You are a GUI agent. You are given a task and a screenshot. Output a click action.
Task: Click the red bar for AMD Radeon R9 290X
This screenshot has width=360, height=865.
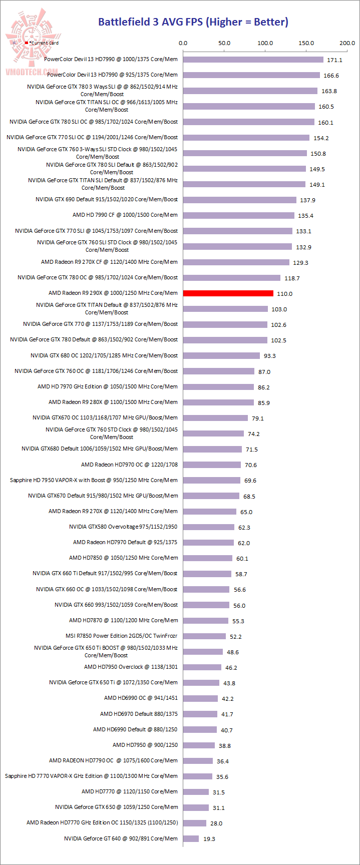click(x=228, y=293)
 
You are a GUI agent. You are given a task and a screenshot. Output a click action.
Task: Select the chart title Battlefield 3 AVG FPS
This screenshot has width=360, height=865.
click(x=193, y=22)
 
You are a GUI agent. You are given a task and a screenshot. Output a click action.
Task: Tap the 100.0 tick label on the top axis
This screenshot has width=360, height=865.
click(x=265, y=43)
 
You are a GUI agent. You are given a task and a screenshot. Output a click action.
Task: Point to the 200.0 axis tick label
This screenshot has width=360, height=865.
click(x=347, y=43)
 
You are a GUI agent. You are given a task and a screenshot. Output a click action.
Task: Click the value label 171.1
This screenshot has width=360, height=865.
click(x=334, y=60)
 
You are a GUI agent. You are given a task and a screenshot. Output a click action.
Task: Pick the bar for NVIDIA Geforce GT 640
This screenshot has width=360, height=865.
click(x=191, y=838)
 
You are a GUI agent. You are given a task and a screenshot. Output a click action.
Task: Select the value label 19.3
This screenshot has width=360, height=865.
click(x=209, y=838)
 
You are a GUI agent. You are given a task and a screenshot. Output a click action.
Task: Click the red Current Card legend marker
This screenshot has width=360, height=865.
click(x=27, y=43)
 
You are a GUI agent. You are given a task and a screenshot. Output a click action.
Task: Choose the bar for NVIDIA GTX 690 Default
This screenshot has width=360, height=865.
click(x=240, y=200)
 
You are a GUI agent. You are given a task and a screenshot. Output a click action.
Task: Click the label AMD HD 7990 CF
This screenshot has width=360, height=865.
click(x=125, y=215)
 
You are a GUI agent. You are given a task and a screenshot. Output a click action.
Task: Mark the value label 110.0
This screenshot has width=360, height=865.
click(x=284, y=294)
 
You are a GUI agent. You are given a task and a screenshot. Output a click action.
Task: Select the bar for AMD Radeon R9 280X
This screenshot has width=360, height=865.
click(x=218, y=402)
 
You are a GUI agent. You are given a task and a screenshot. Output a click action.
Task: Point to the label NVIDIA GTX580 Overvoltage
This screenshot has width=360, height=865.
click(x=123, y=527)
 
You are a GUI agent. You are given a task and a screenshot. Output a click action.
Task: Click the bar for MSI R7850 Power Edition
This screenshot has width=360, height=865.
click(x=204, y=636)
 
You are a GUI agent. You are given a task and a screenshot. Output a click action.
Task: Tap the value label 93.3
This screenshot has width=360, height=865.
click(x=269, y=356)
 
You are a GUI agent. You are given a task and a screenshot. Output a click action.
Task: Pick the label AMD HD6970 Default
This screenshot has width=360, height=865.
click(x=139, y=714)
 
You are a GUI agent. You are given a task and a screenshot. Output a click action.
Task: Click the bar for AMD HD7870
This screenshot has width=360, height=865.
click(x=206, y=620)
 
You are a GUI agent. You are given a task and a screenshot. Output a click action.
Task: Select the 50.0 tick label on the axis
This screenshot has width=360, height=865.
click(x=224, y=43)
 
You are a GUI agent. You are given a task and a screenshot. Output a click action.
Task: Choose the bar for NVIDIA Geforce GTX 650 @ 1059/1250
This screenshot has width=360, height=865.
click(x=196, y=807)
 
